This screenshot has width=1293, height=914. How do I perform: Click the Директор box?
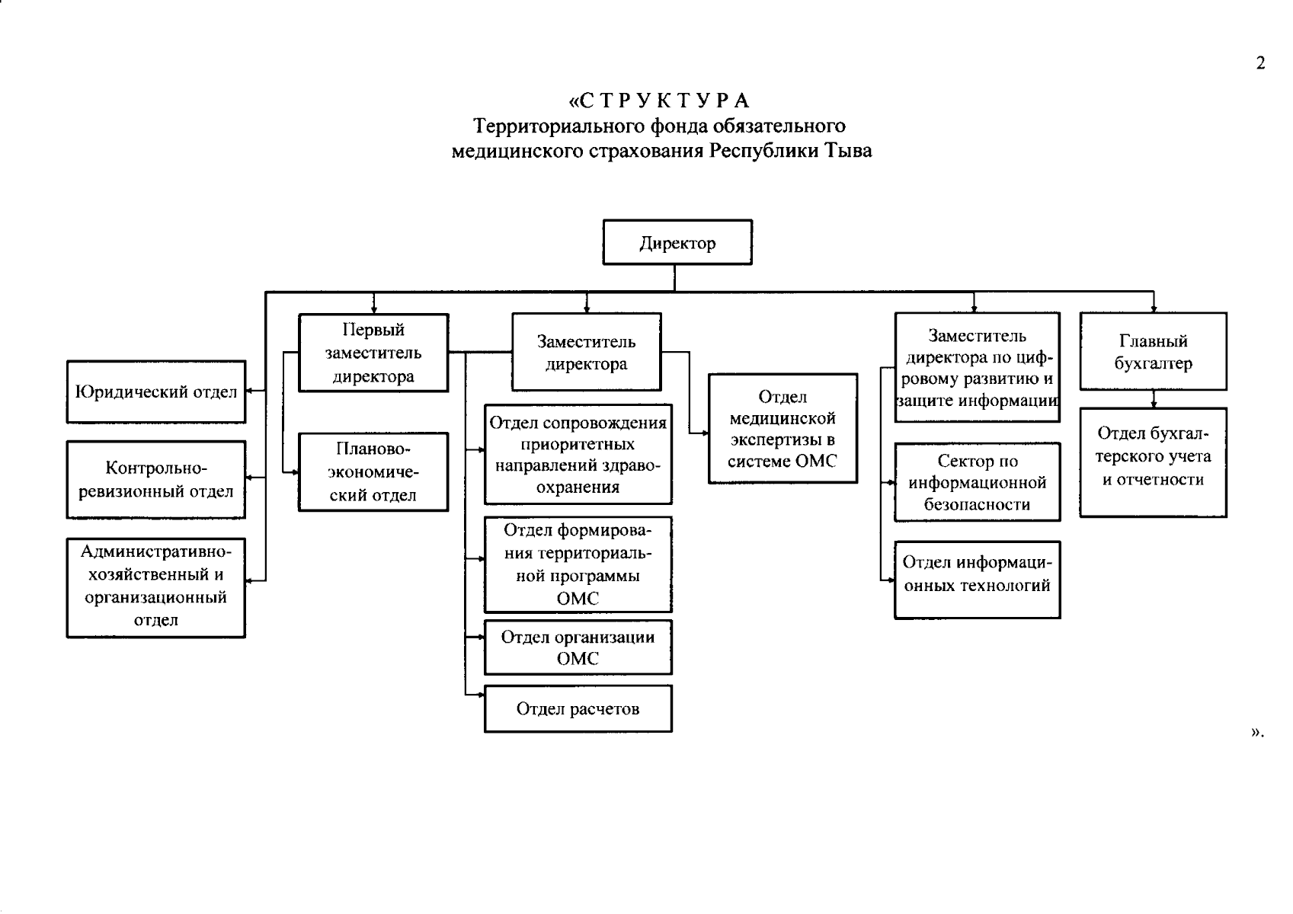point(677,243)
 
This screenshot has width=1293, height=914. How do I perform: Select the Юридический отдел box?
point(156,392)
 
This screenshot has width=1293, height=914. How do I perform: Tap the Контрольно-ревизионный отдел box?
point(156,480)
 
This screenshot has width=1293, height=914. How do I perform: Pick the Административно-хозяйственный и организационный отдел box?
point(156,587)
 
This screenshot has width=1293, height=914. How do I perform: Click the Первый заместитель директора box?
point(373,353)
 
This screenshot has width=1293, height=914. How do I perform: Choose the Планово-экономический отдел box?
point(373,472)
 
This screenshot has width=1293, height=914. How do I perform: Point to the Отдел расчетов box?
point(578,709)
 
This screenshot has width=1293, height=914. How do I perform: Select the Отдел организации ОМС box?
point(578,647)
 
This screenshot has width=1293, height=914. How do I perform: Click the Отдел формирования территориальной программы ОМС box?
point(578,564)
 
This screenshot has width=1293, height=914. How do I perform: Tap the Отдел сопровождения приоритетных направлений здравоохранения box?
point(578,454)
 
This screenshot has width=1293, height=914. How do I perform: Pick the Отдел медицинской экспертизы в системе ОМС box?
point(783,429)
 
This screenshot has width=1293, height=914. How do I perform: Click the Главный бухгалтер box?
point(1153,352)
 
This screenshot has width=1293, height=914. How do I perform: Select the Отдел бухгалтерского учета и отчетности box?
point(1153,462)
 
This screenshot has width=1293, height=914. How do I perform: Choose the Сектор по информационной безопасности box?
point(977,482)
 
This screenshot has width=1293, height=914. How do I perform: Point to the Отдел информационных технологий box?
point(977,580)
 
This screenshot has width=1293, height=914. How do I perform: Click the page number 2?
point(1260,63)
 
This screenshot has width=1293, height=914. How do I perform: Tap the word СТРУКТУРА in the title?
point(661,101)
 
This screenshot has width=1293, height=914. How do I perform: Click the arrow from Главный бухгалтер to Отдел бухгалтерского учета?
point(1154,399)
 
